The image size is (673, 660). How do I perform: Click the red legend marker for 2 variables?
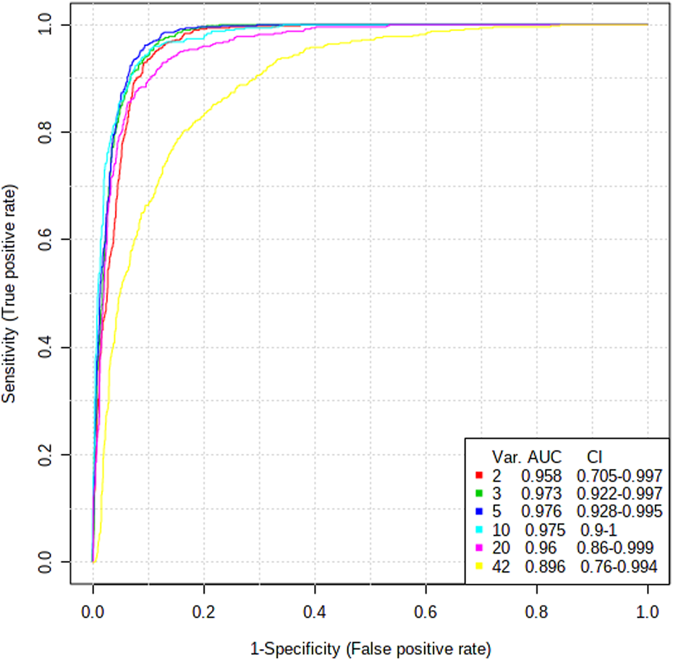click(x=479, y=475)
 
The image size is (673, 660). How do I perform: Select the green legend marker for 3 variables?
click(x=479, y=494)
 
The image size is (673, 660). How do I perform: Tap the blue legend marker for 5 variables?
click(x=479, y=512)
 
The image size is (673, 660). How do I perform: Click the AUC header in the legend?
click(x=545, y=457)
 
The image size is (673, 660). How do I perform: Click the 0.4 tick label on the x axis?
click(x=315, y=611)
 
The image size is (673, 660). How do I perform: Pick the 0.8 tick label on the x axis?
click(x=536, y=611)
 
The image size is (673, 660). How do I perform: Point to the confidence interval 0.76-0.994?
click(x=619, y=567)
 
